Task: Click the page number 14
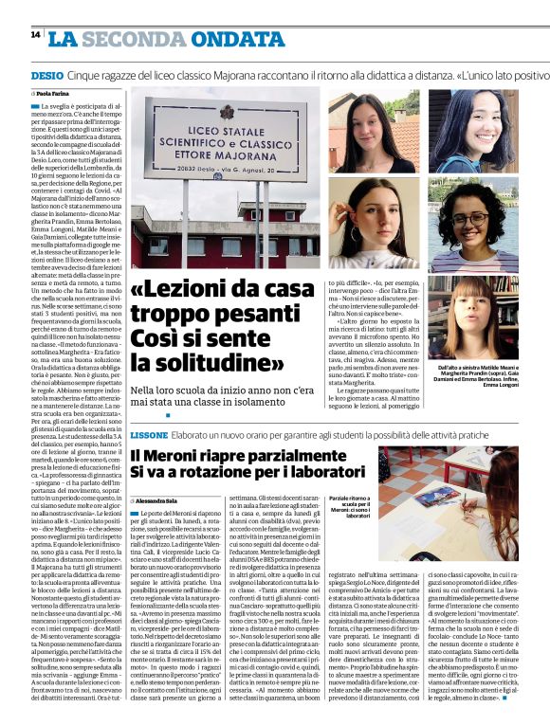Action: pos(35,34)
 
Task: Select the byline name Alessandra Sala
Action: pos(157,498)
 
